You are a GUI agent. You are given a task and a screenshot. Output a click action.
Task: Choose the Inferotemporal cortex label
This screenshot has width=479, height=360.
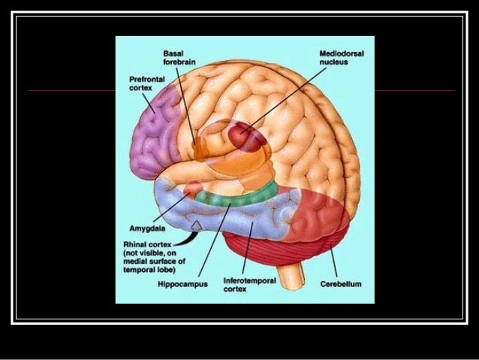[250, 284]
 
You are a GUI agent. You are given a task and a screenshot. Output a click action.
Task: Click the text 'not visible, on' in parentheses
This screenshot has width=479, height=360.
[149, 253]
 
